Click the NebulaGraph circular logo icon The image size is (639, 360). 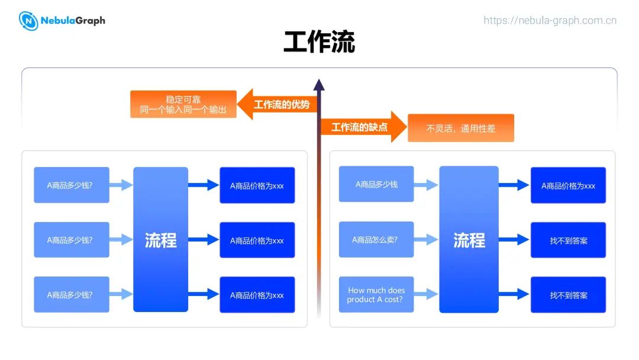tap(28, 21)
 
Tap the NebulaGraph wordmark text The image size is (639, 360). tap(73, 21)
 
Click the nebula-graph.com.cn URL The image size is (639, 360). tap(550, 20)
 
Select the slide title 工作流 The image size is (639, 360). tap(319, 43)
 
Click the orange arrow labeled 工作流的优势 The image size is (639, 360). tap(278, 105)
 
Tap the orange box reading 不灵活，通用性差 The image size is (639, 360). tap(461, 128)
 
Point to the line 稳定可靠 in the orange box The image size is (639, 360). tap(183, 99)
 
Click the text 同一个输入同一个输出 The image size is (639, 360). tap(183, 110)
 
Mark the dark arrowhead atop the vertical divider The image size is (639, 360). tap(319, 85)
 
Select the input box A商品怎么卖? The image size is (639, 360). tap(376, 240)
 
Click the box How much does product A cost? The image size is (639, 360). tap(376, 295)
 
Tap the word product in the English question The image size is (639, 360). tap(361, 300)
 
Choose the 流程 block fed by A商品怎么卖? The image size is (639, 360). tap(469, 240)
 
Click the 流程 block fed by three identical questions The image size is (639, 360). tap(160, 240)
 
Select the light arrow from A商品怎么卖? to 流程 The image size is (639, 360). tap(426, 240)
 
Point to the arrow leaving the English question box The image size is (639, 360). tap(426, 294)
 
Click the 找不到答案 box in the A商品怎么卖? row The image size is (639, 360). tap(568, 240)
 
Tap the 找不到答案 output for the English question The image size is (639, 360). tap(568, 295)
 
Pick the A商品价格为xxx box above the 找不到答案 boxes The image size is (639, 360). tap(568, 185)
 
